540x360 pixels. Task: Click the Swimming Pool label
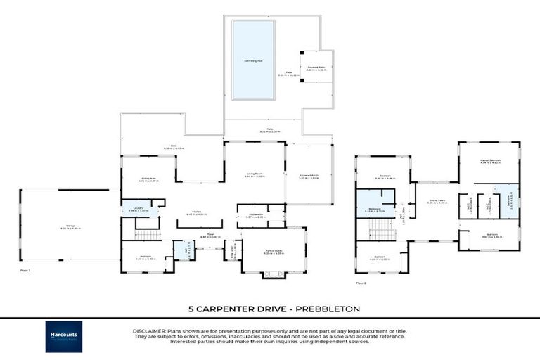[x=253, y=61]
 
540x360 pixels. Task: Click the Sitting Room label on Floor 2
[x=437, y=200]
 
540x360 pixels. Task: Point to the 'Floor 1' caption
[x=26, y=269]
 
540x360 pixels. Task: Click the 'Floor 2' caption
[x=361, y=283]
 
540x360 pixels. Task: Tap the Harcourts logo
[x=64, y=336]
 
